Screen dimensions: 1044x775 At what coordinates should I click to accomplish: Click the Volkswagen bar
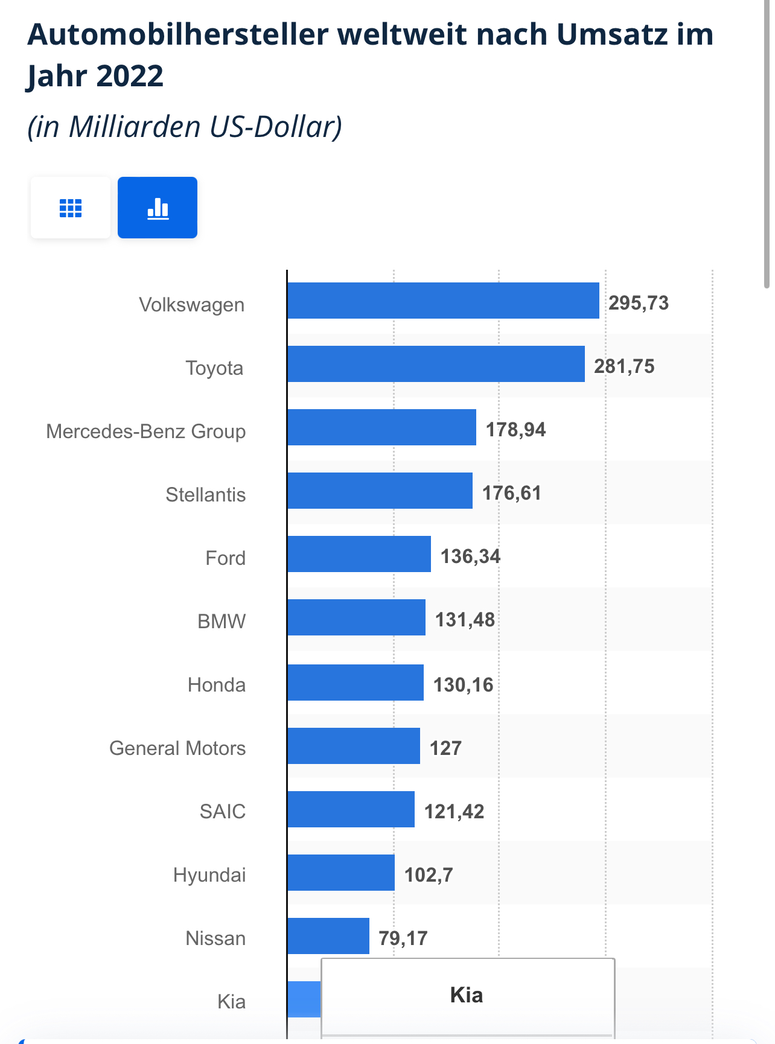443,301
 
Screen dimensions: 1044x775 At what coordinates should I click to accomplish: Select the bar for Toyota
436,364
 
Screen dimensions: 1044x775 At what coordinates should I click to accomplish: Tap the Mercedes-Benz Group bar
381,427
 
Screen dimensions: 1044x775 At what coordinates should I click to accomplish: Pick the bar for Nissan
328,936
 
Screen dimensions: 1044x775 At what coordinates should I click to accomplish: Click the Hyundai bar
341,873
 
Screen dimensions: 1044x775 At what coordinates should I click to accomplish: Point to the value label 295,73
639,303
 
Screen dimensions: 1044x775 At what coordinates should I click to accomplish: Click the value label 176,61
511,493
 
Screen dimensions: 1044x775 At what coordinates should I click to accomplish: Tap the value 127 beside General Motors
445,748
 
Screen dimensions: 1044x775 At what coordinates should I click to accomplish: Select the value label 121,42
454,812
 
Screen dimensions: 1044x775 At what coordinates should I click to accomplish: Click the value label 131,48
465,620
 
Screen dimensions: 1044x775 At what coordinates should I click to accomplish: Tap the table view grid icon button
71,208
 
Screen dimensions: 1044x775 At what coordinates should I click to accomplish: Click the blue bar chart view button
158,208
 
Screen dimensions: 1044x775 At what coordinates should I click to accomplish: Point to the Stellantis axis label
206,495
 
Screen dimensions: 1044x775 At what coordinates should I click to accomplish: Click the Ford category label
225,558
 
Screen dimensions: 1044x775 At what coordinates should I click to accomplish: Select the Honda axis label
217,685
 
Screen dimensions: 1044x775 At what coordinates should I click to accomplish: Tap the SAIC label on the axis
223,812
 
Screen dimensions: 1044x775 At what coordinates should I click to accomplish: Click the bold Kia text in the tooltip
467,995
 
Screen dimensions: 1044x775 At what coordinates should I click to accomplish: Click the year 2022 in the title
129,76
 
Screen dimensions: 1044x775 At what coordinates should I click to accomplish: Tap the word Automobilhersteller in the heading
177,34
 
